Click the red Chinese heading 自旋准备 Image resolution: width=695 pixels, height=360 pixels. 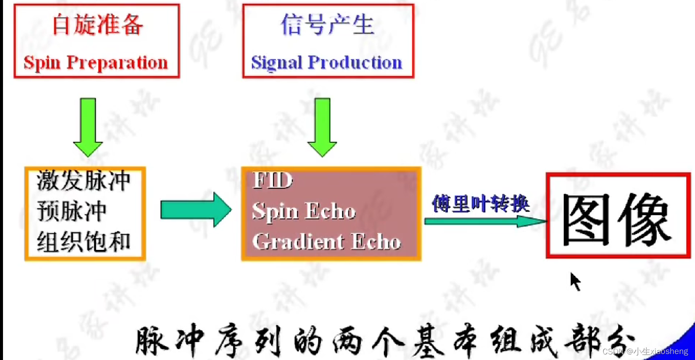97,24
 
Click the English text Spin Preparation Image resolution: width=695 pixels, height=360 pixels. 95,62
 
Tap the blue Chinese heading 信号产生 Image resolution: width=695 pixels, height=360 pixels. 327,24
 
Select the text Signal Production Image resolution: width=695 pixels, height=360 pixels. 327,62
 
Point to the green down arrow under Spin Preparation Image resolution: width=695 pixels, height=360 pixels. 88,127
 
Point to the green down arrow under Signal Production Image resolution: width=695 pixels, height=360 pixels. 322,127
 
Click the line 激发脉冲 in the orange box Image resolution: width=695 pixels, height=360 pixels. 84,180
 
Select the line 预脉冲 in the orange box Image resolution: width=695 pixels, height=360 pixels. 72,211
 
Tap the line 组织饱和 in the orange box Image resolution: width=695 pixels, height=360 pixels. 84,242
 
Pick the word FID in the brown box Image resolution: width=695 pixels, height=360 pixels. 273,180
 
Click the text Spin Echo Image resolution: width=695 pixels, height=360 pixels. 304,211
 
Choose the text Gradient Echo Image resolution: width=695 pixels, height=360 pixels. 326,242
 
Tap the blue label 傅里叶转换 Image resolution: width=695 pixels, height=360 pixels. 480,204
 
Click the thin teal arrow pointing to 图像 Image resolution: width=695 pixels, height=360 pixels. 484,221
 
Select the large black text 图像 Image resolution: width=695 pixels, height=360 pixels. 617,219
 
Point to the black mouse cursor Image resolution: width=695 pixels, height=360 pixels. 575,281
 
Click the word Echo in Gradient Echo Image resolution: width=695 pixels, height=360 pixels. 376,242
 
